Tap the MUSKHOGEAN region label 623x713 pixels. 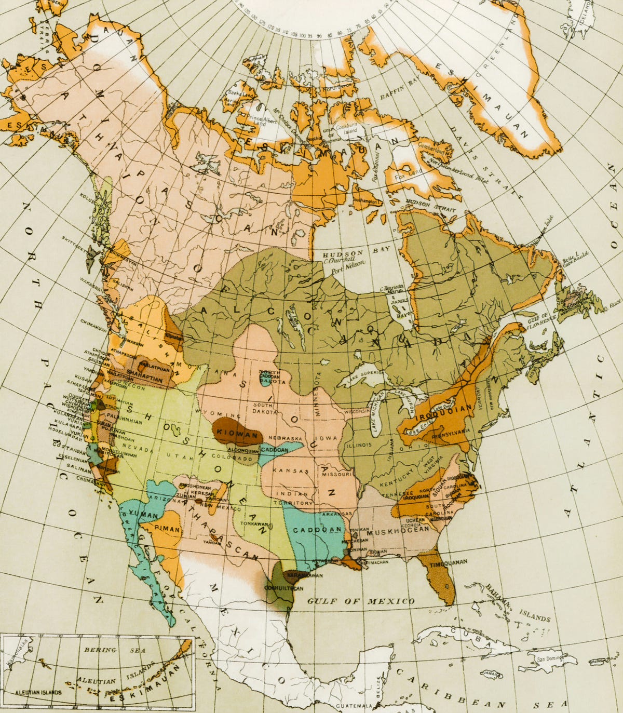(x=398, y=531)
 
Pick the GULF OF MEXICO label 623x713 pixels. (x=360, y=601)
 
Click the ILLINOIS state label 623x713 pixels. (x=359, y=445)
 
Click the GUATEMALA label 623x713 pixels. (x=355, y=706)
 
